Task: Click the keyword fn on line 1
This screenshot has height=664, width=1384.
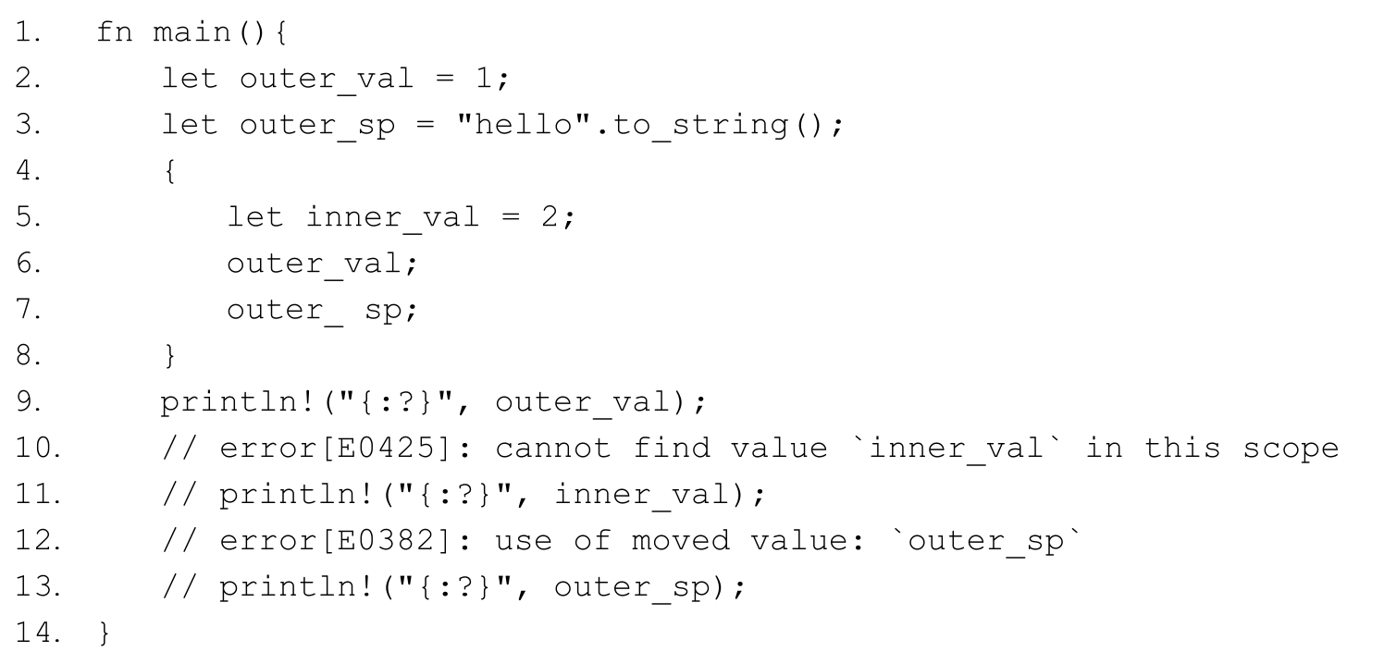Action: [x=115, y=33]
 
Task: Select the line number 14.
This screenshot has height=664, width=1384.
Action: [x=33, y=634]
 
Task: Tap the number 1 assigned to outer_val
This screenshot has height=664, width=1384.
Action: [x=482, y=80]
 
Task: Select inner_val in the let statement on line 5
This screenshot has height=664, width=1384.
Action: [x=393, y=218]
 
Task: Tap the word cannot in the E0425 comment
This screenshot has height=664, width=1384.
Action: [x=553, y=449]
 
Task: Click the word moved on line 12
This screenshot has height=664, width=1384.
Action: [x=680, y=542]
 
